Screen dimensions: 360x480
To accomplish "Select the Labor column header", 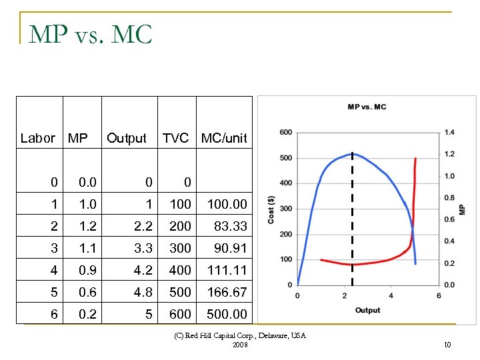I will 38,138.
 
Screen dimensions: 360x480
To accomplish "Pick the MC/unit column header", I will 224,138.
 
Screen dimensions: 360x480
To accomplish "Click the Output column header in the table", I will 126,138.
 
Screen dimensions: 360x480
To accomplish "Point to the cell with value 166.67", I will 227,292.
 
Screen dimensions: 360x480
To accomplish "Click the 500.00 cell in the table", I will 227,314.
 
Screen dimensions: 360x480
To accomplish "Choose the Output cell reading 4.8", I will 143,292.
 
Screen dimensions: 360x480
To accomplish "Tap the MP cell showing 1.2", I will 87,226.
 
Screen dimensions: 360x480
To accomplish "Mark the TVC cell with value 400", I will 180,270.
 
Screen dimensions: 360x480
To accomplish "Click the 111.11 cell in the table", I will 227,270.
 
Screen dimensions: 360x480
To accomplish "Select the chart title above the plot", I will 367,107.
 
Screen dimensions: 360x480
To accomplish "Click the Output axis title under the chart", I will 367,311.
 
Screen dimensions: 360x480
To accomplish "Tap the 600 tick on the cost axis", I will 285,133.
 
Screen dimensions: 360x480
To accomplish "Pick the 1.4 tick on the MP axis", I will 450,133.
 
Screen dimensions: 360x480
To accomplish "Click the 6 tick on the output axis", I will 439,295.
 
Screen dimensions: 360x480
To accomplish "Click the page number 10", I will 447,344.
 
